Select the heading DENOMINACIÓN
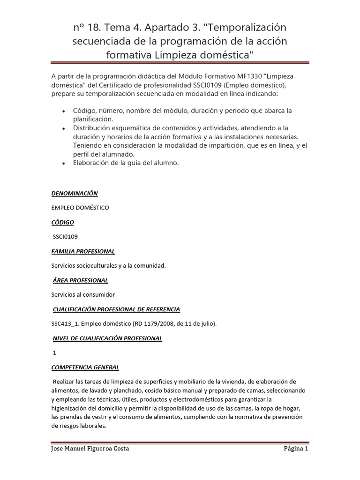click(x=75, y=193)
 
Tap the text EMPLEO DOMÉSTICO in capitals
click(x=80, y=208)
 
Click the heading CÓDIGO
click(x=62, y=222)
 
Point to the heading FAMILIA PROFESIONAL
click(x=83, y=251)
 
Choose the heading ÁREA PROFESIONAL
click(x=80, y=280)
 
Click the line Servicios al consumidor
click(x=83, y=295)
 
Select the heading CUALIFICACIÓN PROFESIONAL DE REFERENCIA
click(x=116, y=309)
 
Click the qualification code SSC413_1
click(x=64, y=324)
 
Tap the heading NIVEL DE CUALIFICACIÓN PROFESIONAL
click(x=107, y=338)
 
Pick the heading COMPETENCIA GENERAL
click(x=85, y=367)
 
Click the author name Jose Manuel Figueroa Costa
click(x=90, y=449)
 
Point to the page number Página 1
click(x=296, y=449)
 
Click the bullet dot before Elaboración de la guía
click(x=63, y=164)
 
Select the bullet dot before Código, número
click(x=63, y=111)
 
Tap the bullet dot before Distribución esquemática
click(x=63, y=128)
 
